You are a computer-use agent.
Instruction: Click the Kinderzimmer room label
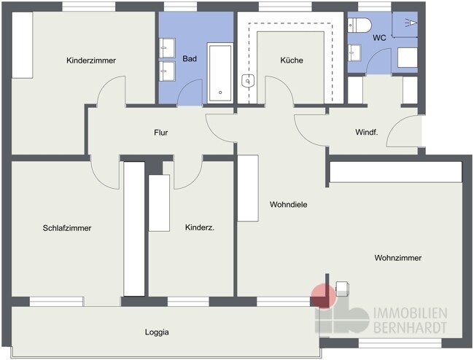(x=91, y=60)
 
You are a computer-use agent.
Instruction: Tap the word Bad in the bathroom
(x=190, y=58)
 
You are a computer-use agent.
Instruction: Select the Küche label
(x=292, y=60)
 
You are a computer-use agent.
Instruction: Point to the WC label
(x=379, y=38)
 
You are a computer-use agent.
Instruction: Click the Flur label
(x=161, y=133)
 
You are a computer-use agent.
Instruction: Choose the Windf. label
(x=367, y=132)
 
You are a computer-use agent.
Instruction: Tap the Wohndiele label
(x=288, y=205)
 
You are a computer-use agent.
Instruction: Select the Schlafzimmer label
(x=67, y=228)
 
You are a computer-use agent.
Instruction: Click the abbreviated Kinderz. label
(x=200, y=227)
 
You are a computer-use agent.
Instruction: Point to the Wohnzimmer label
(x=398, y=258)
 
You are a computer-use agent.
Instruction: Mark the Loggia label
(x=157, y=332)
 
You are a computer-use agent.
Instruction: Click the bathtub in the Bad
(x=220, y=73)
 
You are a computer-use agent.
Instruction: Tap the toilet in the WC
(x=359, y=25)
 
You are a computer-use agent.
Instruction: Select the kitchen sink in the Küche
(x=248, y=81)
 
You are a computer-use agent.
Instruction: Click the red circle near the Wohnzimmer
(x=324, y=295)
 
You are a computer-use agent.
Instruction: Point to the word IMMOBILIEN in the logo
(x=411, y=313)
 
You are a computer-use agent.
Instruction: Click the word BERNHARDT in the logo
(x=411, y=327)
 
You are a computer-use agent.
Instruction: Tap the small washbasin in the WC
(x=354, y=53)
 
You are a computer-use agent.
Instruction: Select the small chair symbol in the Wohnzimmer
(x=343, y=289)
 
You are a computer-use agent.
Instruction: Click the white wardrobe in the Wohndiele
(x=248, y=188)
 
